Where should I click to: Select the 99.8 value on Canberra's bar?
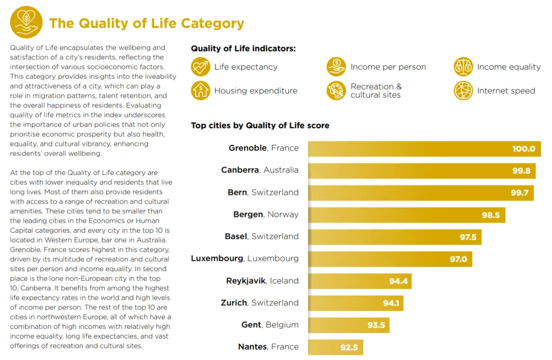pyautogui.click(x=521, y=171)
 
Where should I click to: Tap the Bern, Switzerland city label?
pyautogui.click(x=263, y=192)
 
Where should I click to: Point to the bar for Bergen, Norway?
pyautogui.click(x=406, y=215)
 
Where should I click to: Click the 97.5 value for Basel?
pyautogui.click(x=468, y=237)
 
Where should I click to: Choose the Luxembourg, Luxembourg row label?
pyautogui.click(x=245, y=258)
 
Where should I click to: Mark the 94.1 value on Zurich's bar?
pyautogui.click(x=391, y=303)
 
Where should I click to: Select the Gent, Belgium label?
pyautogui.click(x=270, y=325)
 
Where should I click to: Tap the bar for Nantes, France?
pyautogui.click(x=335, y=347)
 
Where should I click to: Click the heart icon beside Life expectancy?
pyautogui.click(x=200, y=67)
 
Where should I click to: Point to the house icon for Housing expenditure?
pyautogui.click(x=200, y=91)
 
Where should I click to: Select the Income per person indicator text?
pyautogui.click(x=388, y=67)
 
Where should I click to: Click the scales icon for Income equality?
pyautogui.click(x=463, y=67)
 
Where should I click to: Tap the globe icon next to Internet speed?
pyautogui.click(x=463, y=91)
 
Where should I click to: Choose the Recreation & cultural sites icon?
pyautogui.click(x=336, y=91)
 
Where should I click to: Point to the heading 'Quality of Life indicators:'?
pyautogui.click(x=243, y=49)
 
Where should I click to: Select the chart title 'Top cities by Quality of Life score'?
pyautogui.click(x=260, y=125)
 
